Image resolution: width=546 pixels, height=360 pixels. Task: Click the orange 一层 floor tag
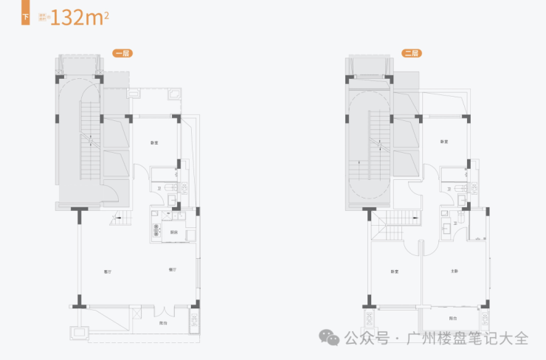click(121, 53)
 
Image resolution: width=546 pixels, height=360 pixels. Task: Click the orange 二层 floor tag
click(410, 53)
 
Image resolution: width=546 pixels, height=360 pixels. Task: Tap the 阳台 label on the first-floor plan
click(162, 323)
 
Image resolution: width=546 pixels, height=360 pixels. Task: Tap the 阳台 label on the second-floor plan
click(452, 319)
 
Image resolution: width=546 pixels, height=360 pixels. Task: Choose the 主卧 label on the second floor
click(455, 271)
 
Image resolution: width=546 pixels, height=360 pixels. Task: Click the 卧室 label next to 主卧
click(395, 271)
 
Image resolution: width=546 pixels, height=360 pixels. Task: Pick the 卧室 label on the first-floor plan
click(155, 142)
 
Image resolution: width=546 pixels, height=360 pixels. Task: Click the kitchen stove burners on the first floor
click(156, 229)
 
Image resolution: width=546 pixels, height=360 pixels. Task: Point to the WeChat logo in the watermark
click(329, 339)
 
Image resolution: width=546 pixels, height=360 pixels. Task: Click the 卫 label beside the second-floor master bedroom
click(455, 223)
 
